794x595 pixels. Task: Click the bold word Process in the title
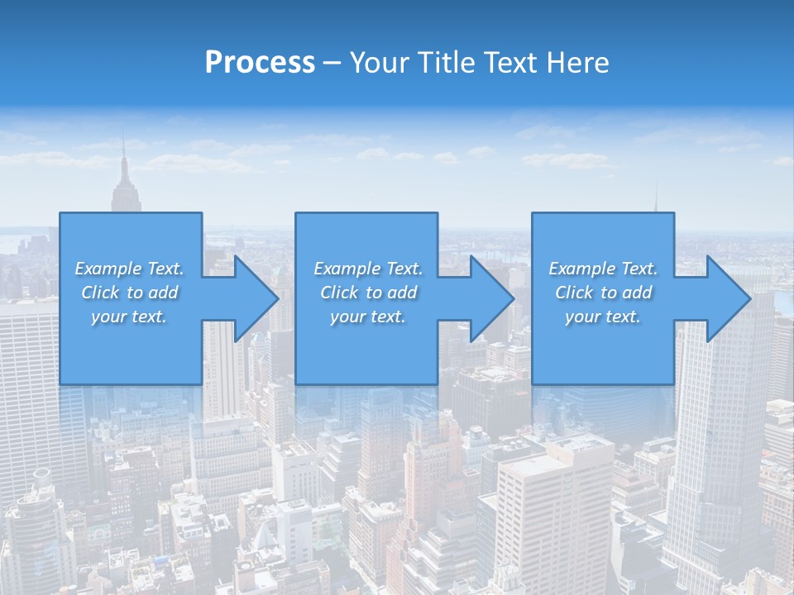click(x=260, y=63)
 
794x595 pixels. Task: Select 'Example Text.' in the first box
click(x=129, y=269)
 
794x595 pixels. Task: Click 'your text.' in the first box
click(x=129, y=317)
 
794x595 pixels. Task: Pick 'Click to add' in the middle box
click(x=368, y=293)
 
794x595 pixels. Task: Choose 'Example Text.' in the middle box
click(x=368, y=269)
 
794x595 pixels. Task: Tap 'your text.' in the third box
click(x=603, y=317)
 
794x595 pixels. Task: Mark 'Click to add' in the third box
click(x=603, y=293)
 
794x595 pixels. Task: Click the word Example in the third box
click(x=581, y=269)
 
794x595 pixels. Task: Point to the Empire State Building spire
click(x=124, y=157)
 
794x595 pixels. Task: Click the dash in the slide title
click(x=332, y=63)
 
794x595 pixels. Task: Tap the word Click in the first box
click(x=99, y=293)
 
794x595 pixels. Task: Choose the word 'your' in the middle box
click(x=347, y=317)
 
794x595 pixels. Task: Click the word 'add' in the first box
click(x=163, y=293)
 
